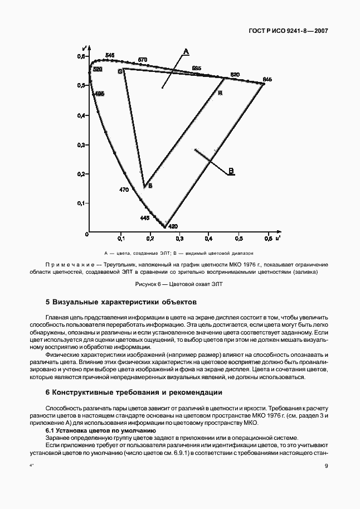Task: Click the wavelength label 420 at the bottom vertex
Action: pyautogui.click(x=173, y=226)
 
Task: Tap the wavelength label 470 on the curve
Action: pyautogui.click(x=124, y=190)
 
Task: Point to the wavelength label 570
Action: pyautogui.click(x=143, y=60)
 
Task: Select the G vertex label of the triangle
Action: pyautogui.click(x=119, y=72)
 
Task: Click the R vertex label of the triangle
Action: pyautogui.click(x=220, y=93)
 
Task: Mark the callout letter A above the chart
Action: pyautogui.click(x=186, y=51)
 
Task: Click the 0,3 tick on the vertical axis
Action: pyautogui.click(x=80, y=145)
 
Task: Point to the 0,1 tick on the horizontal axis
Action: pyautogui.click(x=120, y=239)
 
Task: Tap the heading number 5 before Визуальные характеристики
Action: pyautogui.click(x=47, y=302)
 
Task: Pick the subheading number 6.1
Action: pyautogui.click(x=51, y=430)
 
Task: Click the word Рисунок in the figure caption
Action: pyautogui.click(x=147, y=284)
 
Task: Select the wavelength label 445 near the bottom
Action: pyautogui.click(x=144, y=217)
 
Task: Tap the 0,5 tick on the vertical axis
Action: pyautogui.click(x=80, y=86)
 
